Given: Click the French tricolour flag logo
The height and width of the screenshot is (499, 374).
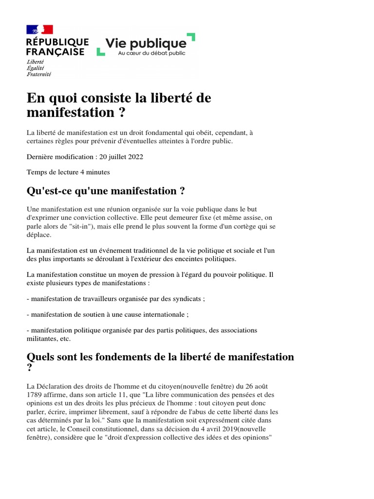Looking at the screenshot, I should coord(39,29).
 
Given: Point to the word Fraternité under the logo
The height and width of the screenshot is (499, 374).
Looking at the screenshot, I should coord(38,74).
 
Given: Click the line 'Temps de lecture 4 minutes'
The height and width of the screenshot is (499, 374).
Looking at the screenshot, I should coord(68,172).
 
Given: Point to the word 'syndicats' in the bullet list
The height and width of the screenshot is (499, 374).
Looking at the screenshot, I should coord(189,299).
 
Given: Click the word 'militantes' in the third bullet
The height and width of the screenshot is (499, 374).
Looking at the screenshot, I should coord(42,338).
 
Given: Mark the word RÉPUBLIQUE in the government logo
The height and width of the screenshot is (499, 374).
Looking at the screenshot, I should coord(57,42).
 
